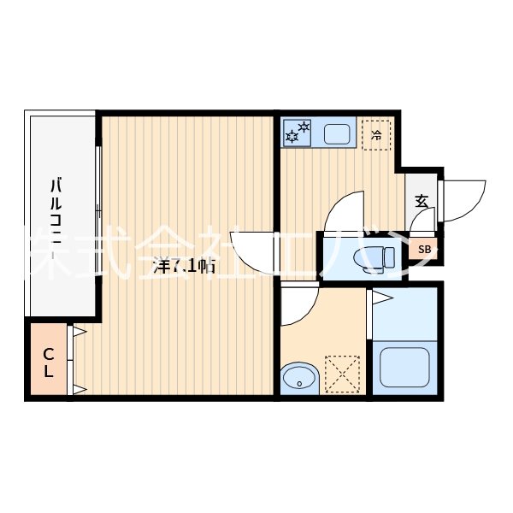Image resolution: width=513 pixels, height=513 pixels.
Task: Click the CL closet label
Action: tap(49, 362)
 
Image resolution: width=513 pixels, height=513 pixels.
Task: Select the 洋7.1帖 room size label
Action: tap(183, 266)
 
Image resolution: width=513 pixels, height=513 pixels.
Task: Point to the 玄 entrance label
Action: tap(422, 202)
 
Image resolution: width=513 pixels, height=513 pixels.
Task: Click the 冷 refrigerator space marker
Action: tap(376, 134)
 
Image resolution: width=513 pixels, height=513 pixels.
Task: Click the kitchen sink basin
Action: tap(337, 133)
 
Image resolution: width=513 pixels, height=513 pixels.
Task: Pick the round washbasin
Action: tap(298, 376)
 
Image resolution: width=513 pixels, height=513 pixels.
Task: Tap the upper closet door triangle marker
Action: tap(78, 331)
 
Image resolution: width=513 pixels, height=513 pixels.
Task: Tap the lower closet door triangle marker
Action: tap(78, 389)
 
